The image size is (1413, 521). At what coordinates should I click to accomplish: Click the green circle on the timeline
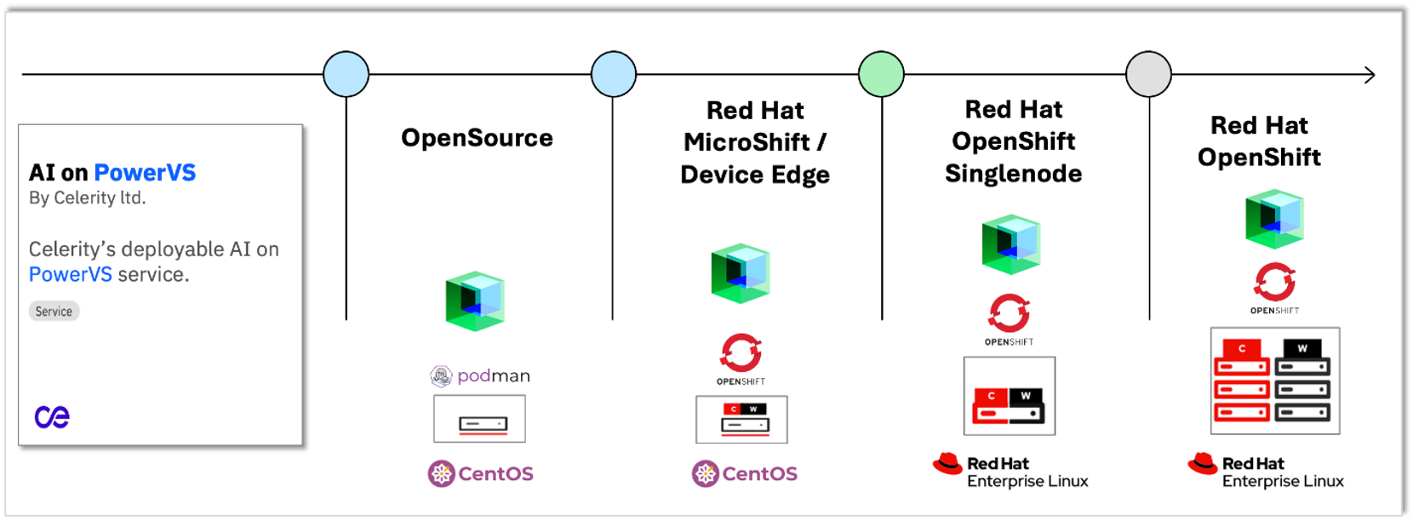point(881,74)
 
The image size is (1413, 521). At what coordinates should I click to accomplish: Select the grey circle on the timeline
point(1148,74)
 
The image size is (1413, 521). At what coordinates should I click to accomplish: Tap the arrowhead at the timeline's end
point(1369,75)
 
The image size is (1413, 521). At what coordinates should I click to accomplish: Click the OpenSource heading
point(477,138)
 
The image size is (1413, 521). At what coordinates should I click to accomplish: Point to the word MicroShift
point(747,142)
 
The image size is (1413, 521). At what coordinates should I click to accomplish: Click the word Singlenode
point(1013,174)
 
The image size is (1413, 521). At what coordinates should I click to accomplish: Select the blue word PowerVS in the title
point(145,173)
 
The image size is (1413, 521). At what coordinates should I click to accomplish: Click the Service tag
point(54,312)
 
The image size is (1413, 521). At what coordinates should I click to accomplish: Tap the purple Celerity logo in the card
point(52,416)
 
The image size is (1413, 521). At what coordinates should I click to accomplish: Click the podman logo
point(480,375)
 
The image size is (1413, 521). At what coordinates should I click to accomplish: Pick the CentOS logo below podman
point(481,473)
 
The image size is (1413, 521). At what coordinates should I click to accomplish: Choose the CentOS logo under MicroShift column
point(745,473)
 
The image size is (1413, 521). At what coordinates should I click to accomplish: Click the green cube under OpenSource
point(475,301)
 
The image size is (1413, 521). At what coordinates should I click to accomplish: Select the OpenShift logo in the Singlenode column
point(1009,318)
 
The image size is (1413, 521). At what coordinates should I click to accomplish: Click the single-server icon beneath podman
point(479,420)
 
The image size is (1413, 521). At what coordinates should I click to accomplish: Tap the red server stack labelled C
point(1242,381)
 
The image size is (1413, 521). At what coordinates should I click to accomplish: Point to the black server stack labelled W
point(1302,381)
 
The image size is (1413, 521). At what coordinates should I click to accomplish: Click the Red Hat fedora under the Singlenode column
point(947,464)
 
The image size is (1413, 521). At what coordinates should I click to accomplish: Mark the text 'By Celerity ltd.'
point(88,198)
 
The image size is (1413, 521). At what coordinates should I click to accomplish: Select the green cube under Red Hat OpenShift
point(1273,219)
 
